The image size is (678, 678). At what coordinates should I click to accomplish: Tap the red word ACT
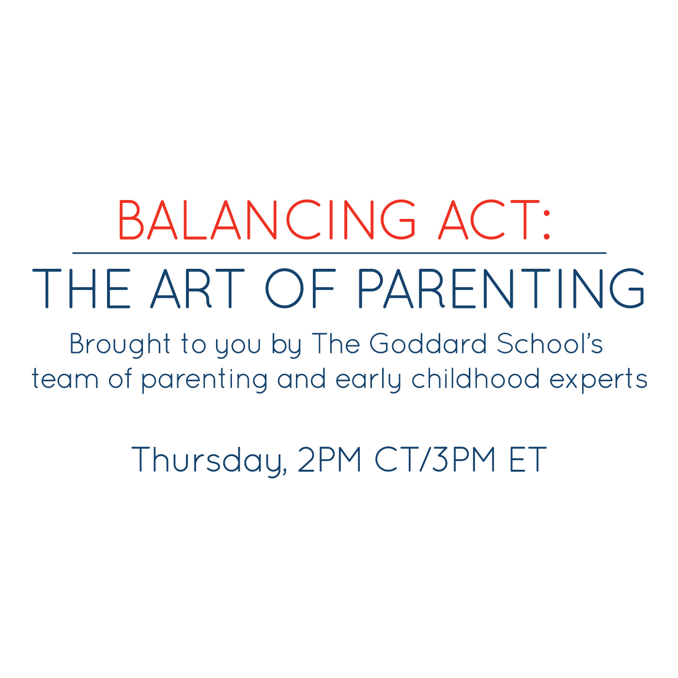tap(490, 219)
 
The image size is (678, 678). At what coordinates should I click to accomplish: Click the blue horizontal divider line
tap(339, 253)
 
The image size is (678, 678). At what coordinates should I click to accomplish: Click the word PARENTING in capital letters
tap(501, 288)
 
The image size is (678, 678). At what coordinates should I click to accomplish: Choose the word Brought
tap(120, 345)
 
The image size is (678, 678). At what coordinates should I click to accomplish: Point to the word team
tap(65, 379)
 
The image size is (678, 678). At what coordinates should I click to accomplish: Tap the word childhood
tap(476, 378)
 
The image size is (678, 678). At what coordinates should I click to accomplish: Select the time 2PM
tap(329, 459)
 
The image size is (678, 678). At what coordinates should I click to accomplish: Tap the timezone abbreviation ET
tap(528, 459)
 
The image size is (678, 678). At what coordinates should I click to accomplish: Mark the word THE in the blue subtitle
tap(81, 288)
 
